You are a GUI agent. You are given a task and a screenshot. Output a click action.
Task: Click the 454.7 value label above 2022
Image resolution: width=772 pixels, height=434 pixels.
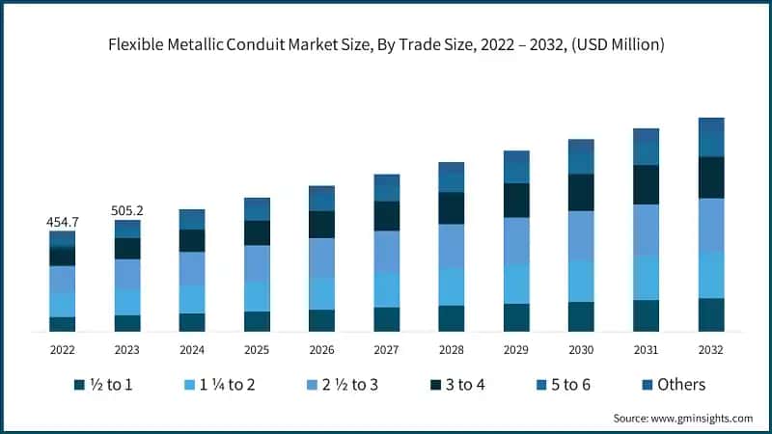tap(63, 222)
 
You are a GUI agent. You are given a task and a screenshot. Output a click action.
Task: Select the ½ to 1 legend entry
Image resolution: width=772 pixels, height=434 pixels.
tap(103, 385)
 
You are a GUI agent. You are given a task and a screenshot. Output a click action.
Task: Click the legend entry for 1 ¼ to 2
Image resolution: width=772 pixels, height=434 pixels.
tap(219, 385)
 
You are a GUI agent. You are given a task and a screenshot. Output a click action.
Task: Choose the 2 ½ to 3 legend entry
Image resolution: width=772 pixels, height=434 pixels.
tap(342, 385)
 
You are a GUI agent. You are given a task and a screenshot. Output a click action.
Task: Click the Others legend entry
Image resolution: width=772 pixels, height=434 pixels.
tap(672, 385)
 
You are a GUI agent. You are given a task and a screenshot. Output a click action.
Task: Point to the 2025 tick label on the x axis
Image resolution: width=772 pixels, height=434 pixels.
tap(257, 349)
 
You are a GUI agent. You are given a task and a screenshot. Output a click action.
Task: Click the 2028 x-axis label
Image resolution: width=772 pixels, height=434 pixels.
tap(451, 349)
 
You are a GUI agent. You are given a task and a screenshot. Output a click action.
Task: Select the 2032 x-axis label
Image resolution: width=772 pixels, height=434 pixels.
tap(710, 349)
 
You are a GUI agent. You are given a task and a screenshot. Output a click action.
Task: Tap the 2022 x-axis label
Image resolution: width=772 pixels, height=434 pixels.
tap(63, 349)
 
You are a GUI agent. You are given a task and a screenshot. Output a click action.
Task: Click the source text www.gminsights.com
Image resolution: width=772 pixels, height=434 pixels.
tap(703, 418)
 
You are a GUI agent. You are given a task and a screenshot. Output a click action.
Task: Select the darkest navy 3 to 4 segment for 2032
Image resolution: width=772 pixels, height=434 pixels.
tap(711, 177)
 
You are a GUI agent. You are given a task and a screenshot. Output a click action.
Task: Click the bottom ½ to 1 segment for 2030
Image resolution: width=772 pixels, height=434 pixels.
tap(581, 316)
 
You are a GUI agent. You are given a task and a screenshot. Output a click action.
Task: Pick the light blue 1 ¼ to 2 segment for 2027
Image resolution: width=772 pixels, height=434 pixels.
tap(386, 289)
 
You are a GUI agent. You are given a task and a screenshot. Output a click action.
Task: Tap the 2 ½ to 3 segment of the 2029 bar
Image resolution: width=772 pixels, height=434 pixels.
tap(516, 241)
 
